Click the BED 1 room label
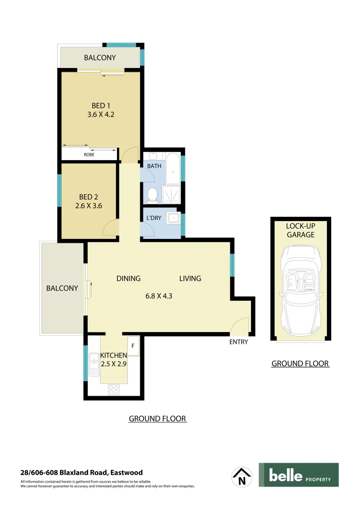coord(100,105)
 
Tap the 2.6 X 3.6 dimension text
coord(88,205)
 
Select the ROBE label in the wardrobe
coord(89,154)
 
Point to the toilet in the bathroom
coord(152,195)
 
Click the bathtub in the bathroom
coord(173,168)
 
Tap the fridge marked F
coord(133,346)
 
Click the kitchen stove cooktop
coord(114,389)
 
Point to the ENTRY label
coord(238,342)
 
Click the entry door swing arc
coord(241,325)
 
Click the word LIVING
coord(190,278)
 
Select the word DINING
coord(128,278)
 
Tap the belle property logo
coord(298,475)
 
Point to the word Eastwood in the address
coord(126,472)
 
